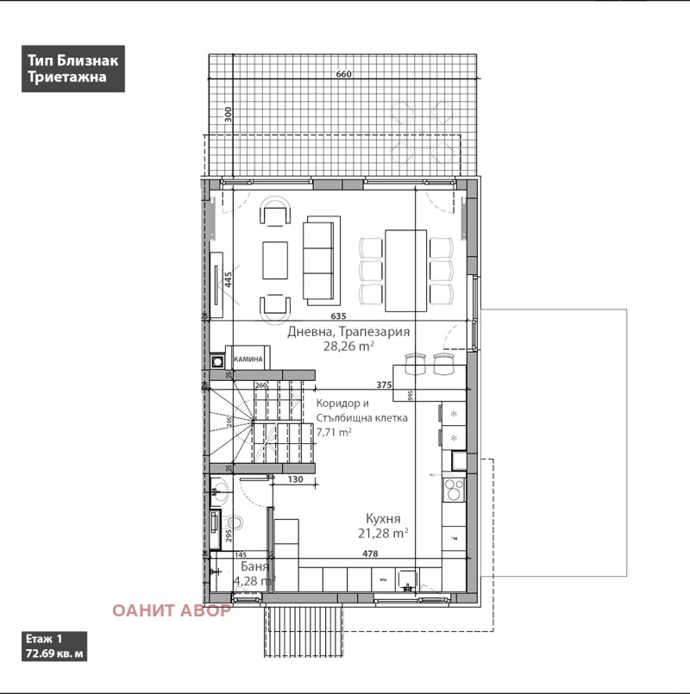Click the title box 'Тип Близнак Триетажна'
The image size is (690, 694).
click(73, 69)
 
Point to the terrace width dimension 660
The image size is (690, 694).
click(343, 75)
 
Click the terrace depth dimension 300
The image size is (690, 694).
click(229, 116)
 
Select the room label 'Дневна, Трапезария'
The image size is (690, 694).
click(348, 331)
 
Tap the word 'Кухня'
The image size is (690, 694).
click(382, 519)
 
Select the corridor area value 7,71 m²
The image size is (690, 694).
click(335, 433)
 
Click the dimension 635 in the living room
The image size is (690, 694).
click(338, 316)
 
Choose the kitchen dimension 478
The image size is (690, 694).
click(370, 554)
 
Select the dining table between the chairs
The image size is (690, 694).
click(405, 269)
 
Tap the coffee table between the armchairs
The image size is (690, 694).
click(275, 259)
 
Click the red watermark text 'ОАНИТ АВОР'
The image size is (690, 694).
click(172, 610)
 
